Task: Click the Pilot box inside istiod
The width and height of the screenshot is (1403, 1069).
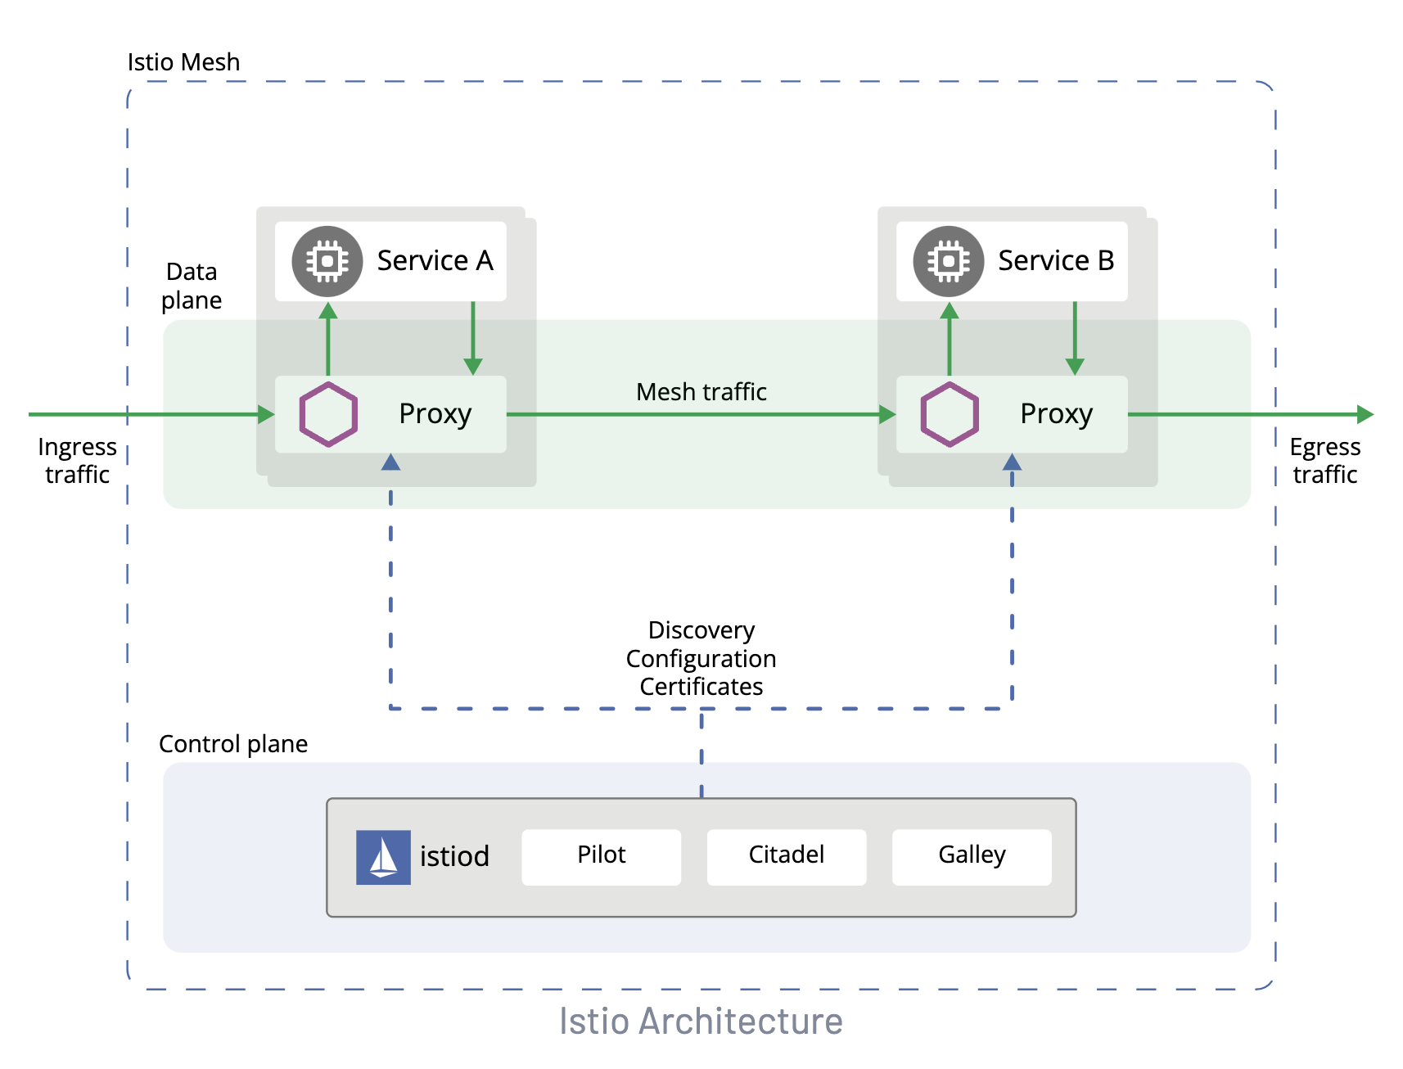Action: point(601,856)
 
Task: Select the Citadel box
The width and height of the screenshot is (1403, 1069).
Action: point(786,856)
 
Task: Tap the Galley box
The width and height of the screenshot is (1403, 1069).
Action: point(971,856)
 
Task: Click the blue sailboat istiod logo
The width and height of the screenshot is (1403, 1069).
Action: point(383,857)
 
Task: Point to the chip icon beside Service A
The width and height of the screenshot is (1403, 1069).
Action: point(327,261)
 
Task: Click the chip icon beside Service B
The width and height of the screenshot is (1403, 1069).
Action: point(948,261)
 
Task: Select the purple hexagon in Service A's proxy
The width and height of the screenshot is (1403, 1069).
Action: point(328,414)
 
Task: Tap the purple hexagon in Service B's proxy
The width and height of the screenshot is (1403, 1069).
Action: point(949,414)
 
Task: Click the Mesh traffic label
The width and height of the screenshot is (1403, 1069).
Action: point(701,392)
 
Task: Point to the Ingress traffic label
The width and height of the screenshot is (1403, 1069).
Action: point(77,461)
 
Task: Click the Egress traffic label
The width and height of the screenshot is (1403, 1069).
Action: point(1324,461)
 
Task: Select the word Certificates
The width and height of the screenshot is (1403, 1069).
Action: point(701,687)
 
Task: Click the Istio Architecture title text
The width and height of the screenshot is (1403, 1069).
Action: point(701,1021)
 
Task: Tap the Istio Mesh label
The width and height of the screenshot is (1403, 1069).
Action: point(183,62)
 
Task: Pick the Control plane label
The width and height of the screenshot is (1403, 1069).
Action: point(233,744)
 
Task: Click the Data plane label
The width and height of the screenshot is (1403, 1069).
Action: point(192,286)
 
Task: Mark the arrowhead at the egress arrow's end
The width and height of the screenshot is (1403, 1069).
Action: point(1365,414)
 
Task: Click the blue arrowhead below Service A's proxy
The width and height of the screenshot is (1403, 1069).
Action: point(390,462)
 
